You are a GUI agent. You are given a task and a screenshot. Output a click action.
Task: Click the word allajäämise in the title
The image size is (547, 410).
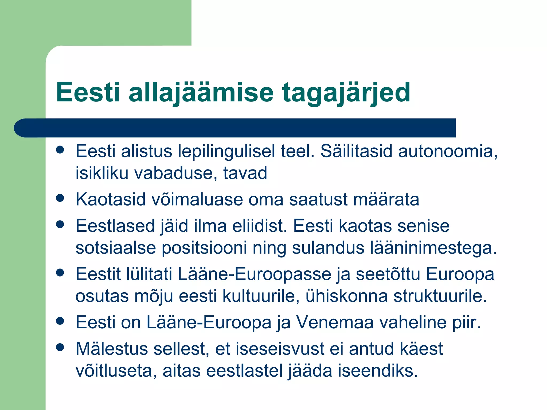point(201,93)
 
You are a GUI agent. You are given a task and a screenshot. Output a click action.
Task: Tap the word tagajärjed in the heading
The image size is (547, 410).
point(346,93)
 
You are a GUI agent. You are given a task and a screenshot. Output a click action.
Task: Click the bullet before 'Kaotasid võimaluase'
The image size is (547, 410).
point(60,198)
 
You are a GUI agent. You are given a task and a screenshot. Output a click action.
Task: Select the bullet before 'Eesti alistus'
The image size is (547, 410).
point(60,150)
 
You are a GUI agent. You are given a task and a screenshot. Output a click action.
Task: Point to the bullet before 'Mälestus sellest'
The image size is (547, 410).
point(60,347)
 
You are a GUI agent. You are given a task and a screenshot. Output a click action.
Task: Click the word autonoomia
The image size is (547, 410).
point(447,151)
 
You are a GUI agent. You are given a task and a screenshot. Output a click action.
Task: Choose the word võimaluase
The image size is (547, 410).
point(197,199)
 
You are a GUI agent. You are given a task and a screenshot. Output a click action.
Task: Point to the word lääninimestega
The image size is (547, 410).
point(433,248)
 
